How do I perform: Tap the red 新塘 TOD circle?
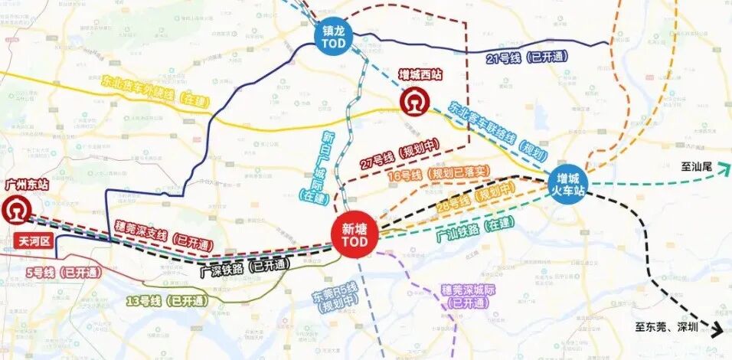355,235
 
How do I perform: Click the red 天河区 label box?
33,242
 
